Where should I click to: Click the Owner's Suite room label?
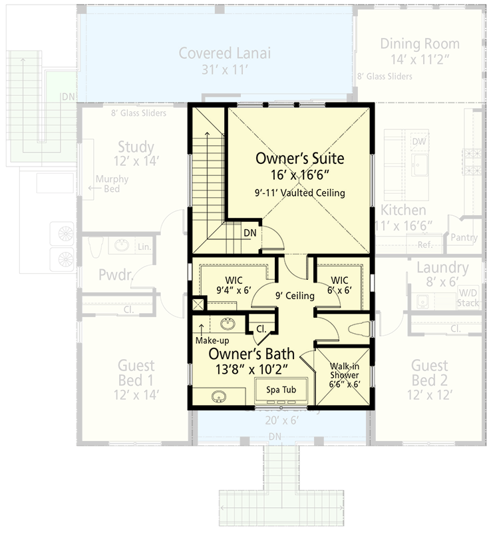(x=300, y=159)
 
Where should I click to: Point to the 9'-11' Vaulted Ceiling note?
(x=300, y=193)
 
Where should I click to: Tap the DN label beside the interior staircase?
(x=250, y=233)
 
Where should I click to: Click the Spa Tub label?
(x=281, y=389)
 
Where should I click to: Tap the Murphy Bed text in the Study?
(x=112, y=185)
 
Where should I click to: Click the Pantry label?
(x=464, y=237)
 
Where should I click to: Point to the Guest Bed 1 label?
(x=136, y=373)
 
